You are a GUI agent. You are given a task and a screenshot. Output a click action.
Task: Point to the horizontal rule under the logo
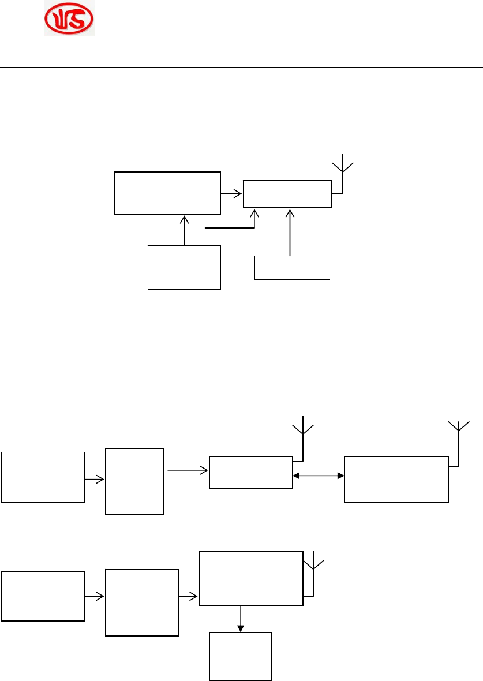tap(241, 67)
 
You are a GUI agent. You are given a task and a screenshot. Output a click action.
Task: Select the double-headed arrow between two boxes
tap(319, 476)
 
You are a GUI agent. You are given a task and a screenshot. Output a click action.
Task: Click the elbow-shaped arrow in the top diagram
tap(231, 228)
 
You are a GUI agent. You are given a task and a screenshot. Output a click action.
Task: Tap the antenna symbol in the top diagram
tap(343, 167)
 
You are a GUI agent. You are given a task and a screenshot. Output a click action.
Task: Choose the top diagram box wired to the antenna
tap(287, 194)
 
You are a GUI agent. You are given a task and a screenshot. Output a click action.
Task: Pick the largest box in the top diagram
tap(167, 193)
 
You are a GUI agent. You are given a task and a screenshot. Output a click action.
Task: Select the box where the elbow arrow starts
tap(185, 267)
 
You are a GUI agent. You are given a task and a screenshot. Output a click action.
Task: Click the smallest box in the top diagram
tap(292, 268)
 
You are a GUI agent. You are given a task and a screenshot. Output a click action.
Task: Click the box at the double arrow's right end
tap(396, 479)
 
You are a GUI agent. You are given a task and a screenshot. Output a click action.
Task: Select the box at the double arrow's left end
tap(250, 473)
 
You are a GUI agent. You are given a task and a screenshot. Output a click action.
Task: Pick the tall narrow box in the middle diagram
tap(134, 481)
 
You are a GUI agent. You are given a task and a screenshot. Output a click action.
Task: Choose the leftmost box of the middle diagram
tap(43, 477)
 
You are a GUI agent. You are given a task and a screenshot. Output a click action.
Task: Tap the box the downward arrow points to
tap(240, 656)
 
